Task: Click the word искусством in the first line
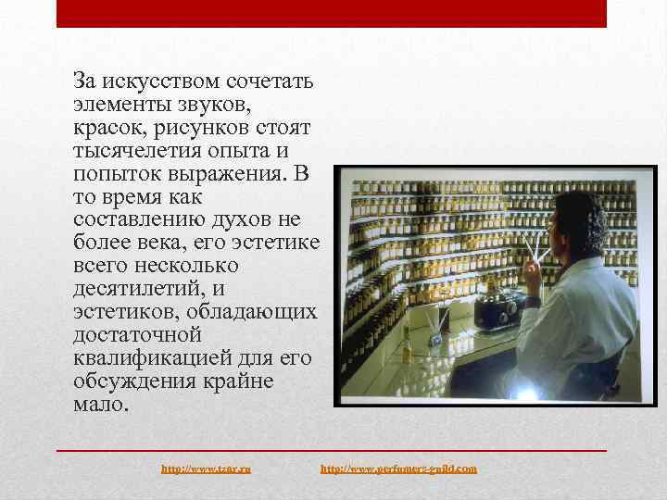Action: [156, 81]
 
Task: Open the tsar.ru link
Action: [207, 469]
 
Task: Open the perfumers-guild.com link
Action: [398, 469]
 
